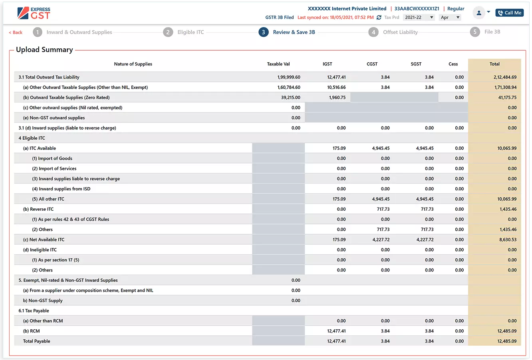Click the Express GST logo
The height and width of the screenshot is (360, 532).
[34, 13]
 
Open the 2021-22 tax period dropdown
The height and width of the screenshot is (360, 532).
[419, 18]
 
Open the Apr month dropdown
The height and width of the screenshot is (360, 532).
[450, 18]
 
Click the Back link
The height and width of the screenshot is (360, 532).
[16, 32]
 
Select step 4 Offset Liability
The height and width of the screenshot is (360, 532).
[400, 32]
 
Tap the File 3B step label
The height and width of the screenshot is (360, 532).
[492, 32]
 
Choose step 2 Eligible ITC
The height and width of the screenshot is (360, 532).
[191, 32]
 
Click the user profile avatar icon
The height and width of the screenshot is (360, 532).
[478, 13]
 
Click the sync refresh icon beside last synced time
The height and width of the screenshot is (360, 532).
[379, 18]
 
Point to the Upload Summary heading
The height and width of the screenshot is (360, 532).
[44, 50]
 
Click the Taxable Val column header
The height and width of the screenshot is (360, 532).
[278, 64]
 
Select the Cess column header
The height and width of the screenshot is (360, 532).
[453, 64]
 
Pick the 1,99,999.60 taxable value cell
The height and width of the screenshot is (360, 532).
[289, 77]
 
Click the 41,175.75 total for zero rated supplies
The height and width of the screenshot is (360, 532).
[507, 98]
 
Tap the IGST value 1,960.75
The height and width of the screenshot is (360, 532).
[337, 98]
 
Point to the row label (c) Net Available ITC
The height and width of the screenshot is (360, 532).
[44, 240]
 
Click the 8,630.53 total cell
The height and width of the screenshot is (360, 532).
[508, 240]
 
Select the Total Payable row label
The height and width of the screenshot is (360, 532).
[36, 341]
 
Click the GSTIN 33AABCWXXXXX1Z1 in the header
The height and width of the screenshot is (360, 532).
[417, 9]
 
